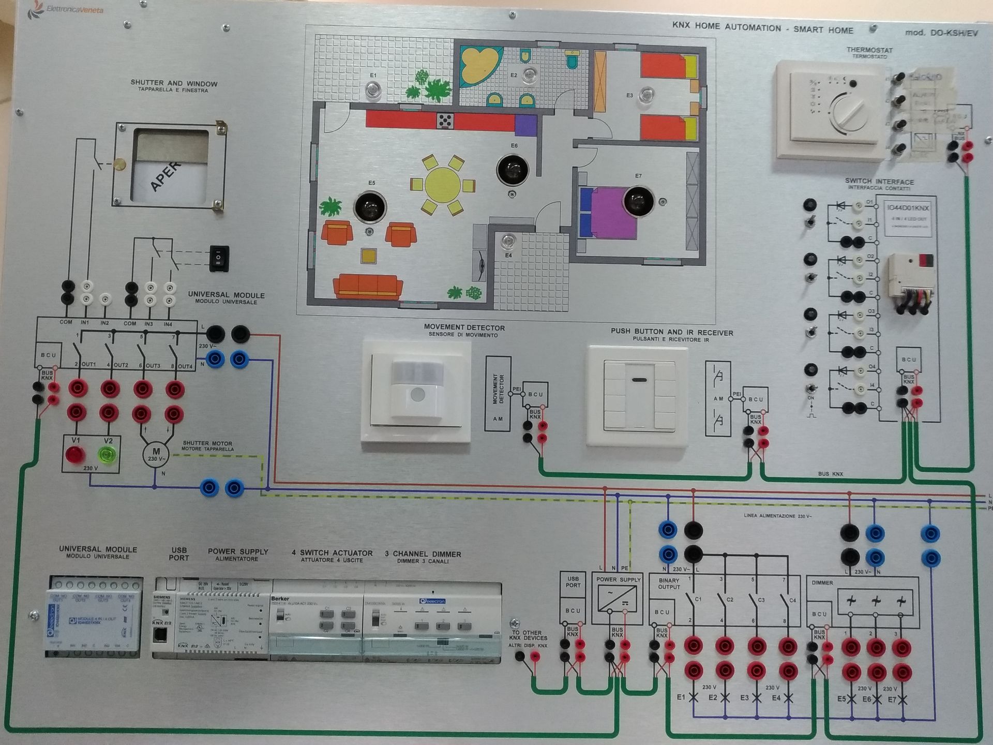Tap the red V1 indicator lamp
click(75, 455)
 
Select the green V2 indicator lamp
click(108, 455)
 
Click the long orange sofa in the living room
click(368, 286)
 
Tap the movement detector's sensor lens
click(417, 395)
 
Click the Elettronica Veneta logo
click(67, 9)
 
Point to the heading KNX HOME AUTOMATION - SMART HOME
click(762, 28)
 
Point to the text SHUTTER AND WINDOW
click(174, 83)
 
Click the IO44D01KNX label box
click(908, 218)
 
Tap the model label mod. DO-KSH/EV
click(941, 33)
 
